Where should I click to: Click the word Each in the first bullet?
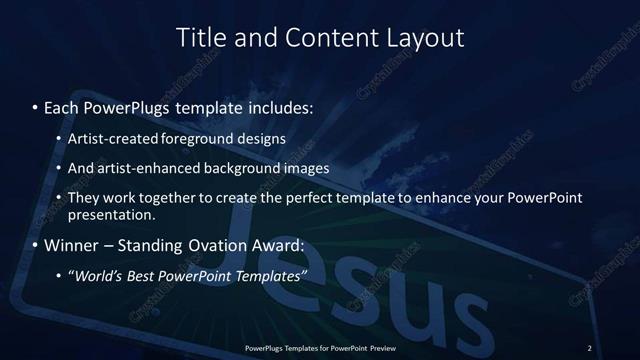point(62,105)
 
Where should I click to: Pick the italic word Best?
point(143,277)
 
